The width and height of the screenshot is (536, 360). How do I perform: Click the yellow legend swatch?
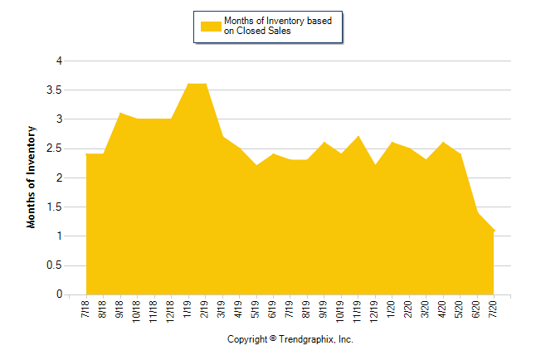(210, 26)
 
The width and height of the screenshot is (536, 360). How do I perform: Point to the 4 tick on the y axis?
(59, 61)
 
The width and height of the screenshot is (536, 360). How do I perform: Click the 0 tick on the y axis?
(59, 294)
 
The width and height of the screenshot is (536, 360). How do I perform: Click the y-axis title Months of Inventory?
(32, 178)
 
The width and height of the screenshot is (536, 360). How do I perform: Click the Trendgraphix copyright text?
(290, 340)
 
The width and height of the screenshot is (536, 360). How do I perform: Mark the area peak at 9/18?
(120, 113)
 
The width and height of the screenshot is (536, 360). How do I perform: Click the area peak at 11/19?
(358, 136)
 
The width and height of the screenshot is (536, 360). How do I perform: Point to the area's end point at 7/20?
(494, 231)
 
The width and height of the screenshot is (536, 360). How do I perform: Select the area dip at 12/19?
(375, 165)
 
